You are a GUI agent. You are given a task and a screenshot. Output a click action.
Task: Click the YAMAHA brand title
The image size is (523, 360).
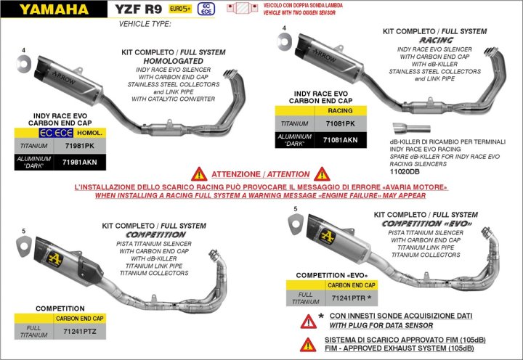pos(45,10)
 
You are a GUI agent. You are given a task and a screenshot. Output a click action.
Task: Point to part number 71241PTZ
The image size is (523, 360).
pos(80,332)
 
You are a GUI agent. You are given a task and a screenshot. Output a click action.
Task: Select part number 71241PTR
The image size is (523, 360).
pos(341,298)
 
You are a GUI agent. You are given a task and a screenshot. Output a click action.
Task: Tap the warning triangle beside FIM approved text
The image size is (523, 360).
pos(307,345)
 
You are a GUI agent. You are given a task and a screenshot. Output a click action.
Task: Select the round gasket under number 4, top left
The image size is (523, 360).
pos(24,67)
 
